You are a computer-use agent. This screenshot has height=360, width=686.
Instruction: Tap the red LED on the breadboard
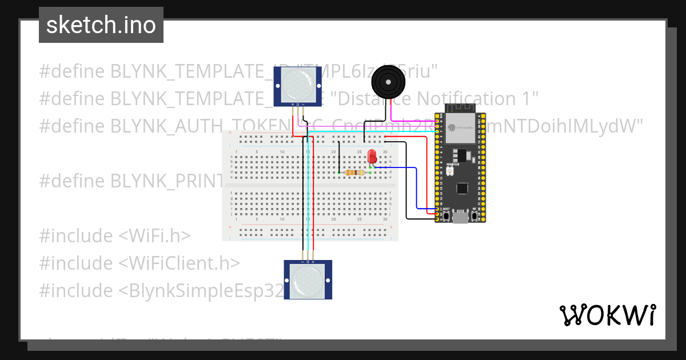coord(372,155)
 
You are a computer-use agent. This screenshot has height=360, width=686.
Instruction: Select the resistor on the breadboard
coord(356,173)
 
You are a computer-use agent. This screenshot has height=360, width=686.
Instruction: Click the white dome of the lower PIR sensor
coord(308,281)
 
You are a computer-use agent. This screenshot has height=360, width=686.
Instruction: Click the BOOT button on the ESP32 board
coord(446,216)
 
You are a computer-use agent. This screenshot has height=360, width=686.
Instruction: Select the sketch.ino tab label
coord(101,25)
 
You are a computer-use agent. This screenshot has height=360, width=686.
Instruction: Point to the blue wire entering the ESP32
coord(426,209)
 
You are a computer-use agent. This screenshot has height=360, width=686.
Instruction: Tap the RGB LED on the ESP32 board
coord(449,171)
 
